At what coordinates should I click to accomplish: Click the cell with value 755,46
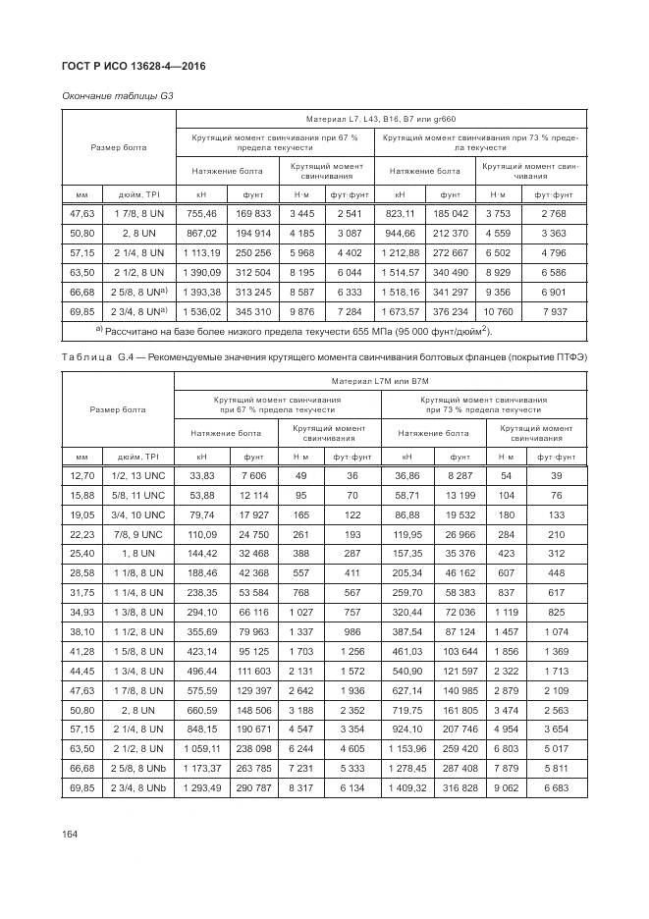201,213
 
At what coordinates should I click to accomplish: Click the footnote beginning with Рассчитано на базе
293,331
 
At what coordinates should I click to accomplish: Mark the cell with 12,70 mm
81,476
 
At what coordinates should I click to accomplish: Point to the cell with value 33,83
201,476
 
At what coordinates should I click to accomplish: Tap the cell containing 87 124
460,633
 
